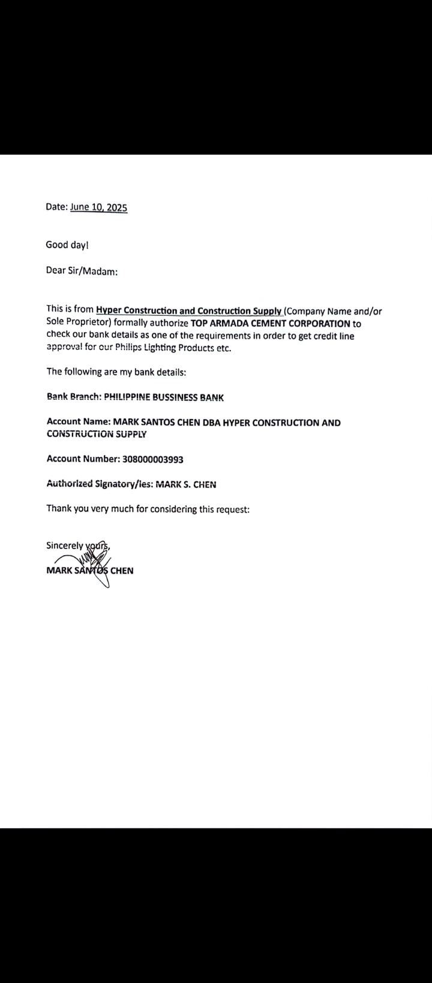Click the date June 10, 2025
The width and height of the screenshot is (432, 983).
click(x=98, y=207)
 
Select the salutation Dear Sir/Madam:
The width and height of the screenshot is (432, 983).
click(x=82, y=271)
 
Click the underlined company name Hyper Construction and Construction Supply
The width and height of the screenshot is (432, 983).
click(x=189, y=310)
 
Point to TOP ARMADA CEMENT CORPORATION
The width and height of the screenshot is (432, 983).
click(x=271, y=323)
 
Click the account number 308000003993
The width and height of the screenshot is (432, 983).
click(x=153, y=459)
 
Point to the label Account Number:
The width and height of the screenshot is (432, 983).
click(x=83, y=459)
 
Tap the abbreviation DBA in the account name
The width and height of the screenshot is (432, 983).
click(x=211, y=423)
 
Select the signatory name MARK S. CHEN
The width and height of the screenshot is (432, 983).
click(x=186, y=484)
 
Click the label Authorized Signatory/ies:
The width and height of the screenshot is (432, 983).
click(x=100, y=484)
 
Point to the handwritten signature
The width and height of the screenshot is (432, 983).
click(x=90, y=563)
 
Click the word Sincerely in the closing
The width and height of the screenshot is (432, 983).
click(x=65, y=545)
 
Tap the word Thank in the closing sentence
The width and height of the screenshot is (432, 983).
click(x=59, y=509)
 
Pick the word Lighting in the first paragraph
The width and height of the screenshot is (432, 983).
click(x=159, y=348)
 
